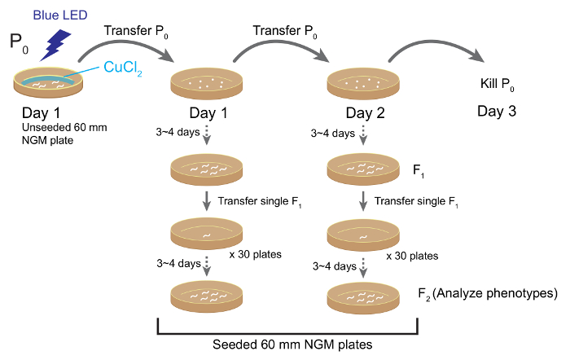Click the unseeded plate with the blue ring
pos(48,81)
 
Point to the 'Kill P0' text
pos(495,84)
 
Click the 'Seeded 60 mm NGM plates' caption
pos(287,345)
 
